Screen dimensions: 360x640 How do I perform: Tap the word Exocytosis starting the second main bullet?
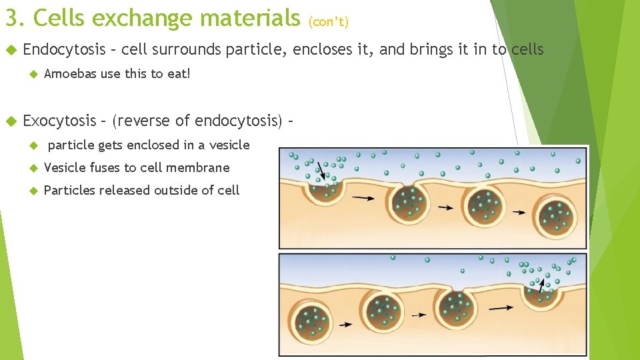(x=59, y=121)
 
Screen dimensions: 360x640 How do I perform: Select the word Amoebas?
(x=70, y=73)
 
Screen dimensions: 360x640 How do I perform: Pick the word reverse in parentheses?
(x=143, y=121)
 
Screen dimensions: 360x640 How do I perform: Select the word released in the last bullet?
(x=128, y=191)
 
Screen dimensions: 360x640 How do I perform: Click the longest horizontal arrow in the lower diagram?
(x=501, y=308)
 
